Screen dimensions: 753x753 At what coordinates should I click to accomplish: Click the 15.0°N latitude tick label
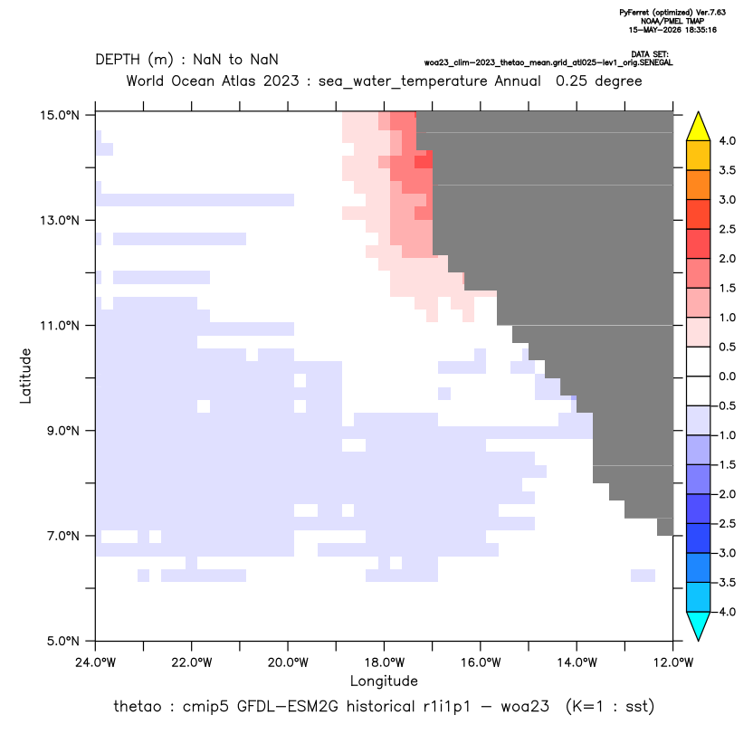(60, 115)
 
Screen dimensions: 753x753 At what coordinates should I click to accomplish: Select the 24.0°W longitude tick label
(96, 662)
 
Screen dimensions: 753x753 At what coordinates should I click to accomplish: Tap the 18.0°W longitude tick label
(384, 662)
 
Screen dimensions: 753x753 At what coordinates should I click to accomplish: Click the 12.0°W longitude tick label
(673, 662)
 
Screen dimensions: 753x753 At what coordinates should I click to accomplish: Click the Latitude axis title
(25, 376)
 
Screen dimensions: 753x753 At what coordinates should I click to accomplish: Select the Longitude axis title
(384, 681)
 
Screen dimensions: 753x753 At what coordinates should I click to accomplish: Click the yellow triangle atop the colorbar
(699, 127)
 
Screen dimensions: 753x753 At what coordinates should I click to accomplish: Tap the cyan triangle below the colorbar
(699, 625)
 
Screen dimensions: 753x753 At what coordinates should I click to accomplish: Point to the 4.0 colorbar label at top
(727, 140)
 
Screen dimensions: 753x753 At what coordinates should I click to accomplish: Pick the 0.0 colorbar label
(727, 376)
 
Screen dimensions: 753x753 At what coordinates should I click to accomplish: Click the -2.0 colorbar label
(725, 494)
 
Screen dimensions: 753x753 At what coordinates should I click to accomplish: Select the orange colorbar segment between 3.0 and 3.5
(699, 185)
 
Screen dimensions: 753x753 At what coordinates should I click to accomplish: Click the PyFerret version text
(672, 13)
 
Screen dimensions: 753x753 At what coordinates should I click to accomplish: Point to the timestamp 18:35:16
(700, 30)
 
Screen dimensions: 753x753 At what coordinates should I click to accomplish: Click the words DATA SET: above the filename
(649, 54)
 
